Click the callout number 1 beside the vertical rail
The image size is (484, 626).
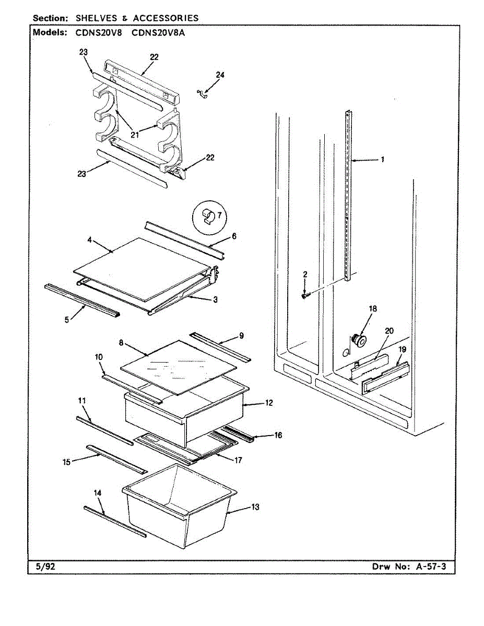click(x=382, y=160)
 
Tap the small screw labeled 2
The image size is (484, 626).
click(x=305, y=296)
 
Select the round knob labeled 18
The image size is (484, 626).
click(x=358, y=340)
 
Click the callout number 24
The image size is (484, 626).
click(x=220, y=75)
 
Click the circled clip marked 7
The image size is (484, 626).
click(x=208, y=215)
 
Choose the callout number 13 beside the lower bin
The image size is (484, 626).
click(x=255, y=507)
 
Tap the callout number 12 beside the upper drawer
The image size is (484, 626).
click(x=269, y=403)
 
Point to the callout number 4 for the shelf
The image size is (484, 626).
click(x=90, y=240)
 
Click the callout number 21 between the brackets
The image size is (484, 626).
click(x=135, y=135)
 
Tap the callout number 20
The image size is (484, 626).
click(x=389, y=331)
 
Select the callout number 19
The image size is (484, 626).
click(x=403, y=350)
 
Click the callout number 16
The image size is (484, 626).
click(x=278, y=435)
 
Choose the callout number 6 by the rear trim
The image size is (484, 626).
click(x=234, y=236)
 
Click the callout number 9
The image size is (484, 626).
click(x=241, y=336)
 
